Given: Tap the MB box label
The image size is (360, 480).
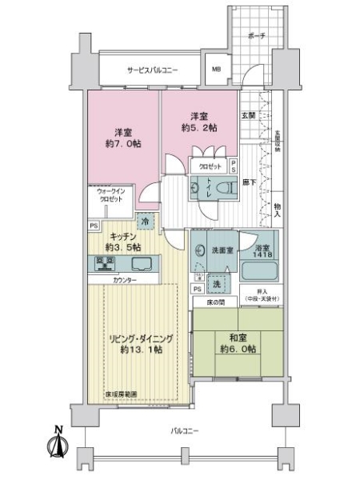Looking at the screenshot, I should (216, 70).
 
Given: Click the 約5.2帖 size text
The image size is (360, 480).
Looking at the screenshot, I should (199, 127).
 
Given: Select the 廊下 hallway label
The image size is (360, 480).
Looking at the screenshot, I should (249, 183).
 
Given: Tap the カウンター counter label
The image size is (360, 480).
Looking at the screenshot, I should (124, 280).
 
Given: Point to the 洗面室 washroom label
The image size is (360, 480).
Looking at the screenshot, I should (222, 250).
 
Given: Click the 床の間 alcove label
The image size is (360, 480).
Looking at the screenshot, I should (205, 303).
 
